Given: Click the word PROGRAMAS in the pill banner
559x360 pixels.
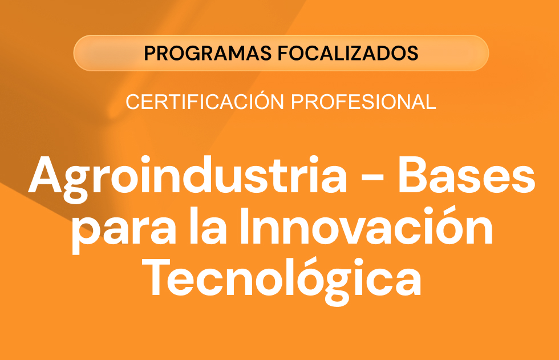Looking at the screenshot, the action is tap(208, 53).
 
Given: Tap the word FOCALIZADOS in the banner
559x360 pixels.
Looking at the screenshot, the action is tap(348, 53).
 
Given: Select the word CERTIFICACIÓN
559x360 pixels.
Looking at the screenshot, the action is tap(205, 101).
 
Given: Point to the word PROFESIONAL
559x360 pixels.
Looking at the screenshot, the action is tap(364, 102).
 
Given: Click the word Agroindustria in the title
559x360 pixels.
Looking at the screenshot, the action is tap(188, 178).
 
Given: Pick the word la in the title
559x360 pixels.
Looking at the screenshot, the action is tap(208, 226).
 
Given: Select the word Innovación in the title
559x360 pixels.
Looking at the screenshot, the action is tap(366, 225).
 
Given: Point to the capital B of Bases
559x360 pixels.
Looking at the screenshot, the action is tap(413, 175).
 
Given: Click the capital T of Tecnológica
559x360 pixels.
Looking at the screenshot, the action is tap(157, 277).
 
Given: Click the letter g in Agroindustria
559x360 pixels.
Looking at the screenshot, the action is tap(76, 184).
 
